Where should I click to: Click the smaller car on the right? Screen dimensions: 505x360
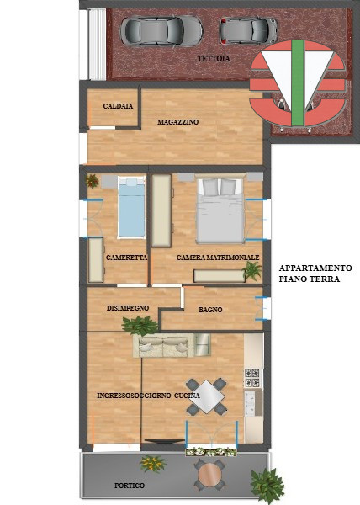coord(248,30)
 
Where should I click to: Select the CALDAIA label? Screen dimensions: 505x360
coord(117,106)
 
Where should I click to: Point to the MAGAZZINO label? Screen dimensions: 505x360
coord(177,122)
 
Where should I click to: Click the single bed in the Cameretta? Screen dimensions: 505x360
coord(130,208)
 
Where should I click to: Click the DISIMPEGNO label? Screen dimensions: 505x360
coord(128,308)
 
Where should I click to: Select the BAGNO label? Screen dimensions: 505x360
coord(210,310)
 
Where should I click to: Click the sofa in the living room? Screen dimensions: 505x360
coord(172,345)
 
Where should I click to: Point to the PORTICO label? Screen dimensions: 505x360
coord(130,486)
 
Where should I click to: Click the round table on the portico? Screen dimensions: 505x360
coord(209,475)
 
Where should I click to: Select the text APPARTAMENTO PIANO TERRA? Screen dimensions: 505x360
coord(315,274)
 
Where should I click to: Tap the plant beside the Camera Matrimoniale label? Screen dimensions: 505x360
coord(251,270)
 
